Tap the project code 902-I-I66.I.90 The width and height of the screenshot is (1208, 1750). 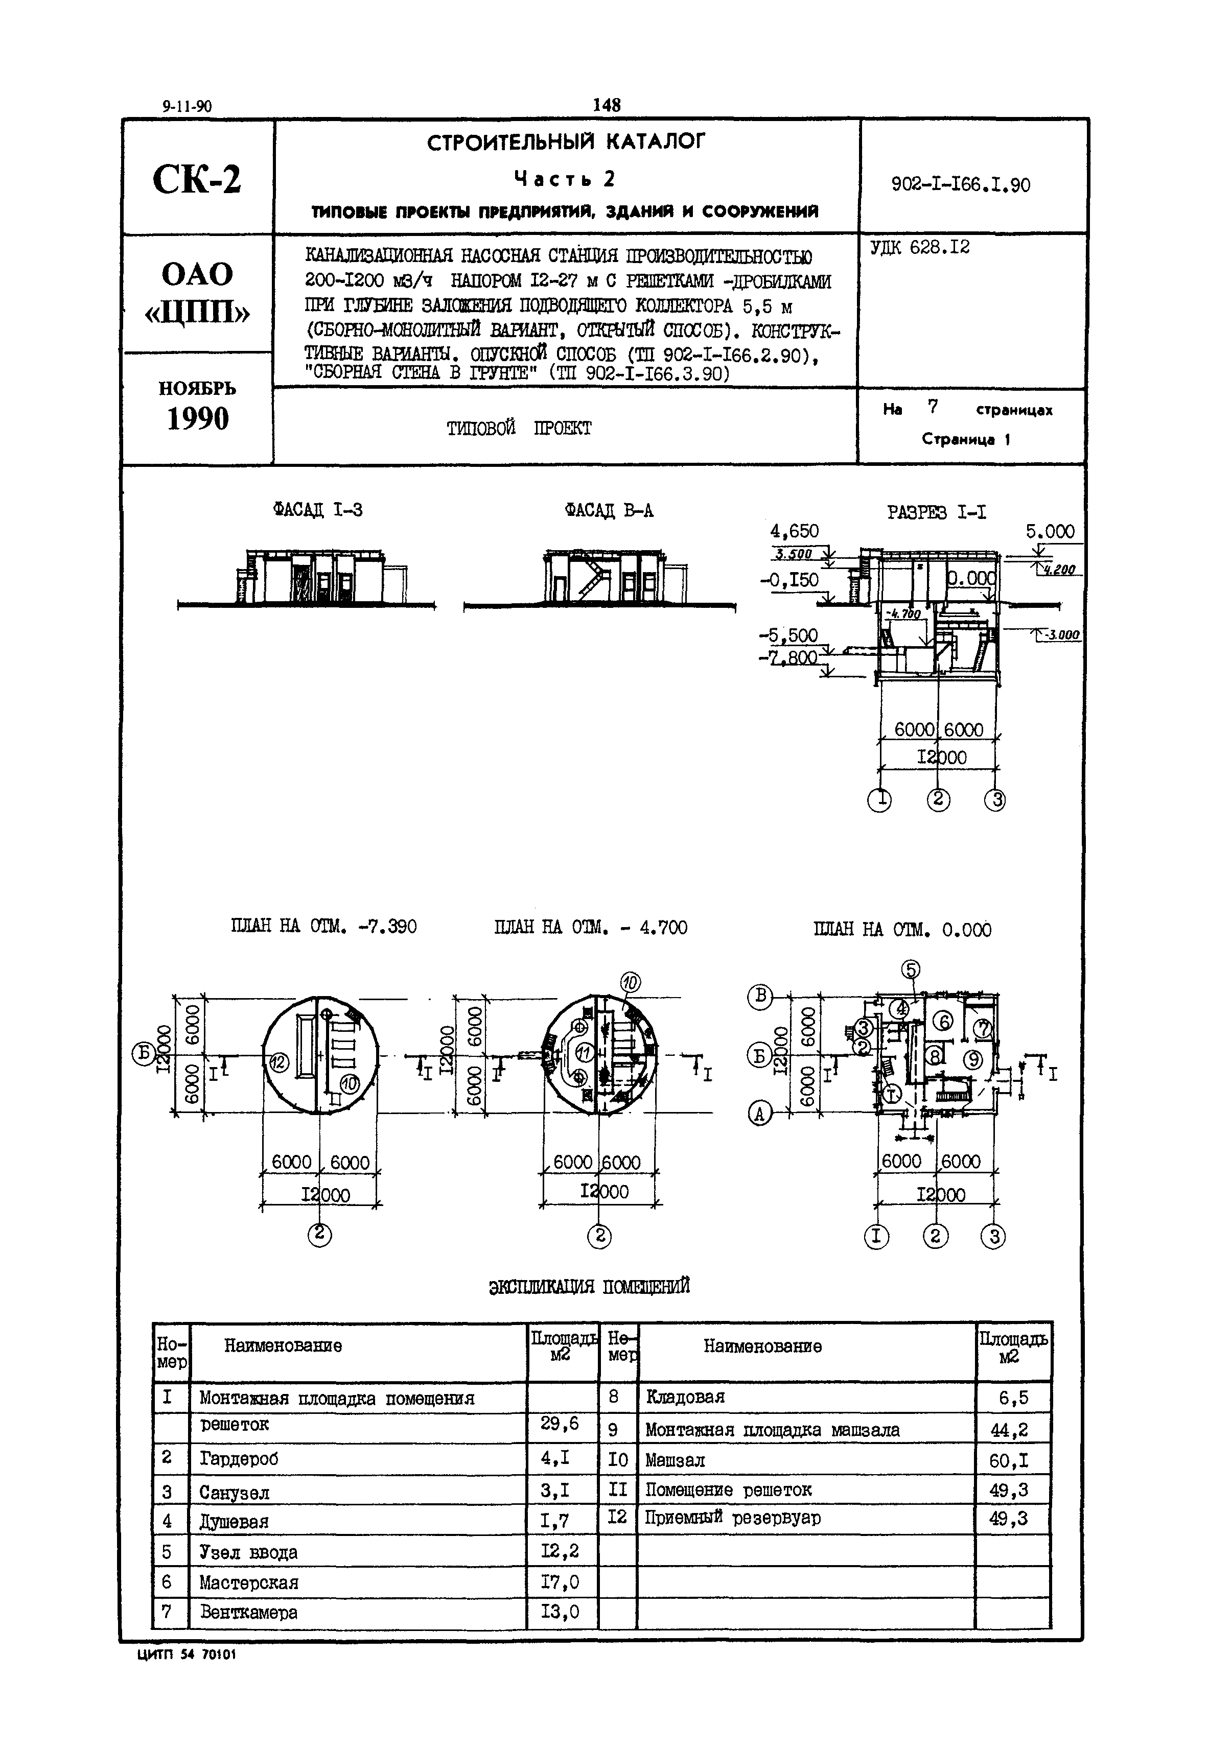tap(961, 184)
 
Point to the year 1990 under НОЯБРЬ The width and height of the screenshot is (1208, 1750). tap(198, 418)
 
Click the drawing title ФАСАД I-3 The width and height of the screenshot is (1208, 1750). tap(318, 510)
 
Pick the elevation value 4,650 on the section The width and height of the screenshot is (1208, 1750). tap(794, 532)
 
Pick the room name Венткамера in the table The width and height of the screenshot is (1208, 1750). tap(249, 1612)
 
